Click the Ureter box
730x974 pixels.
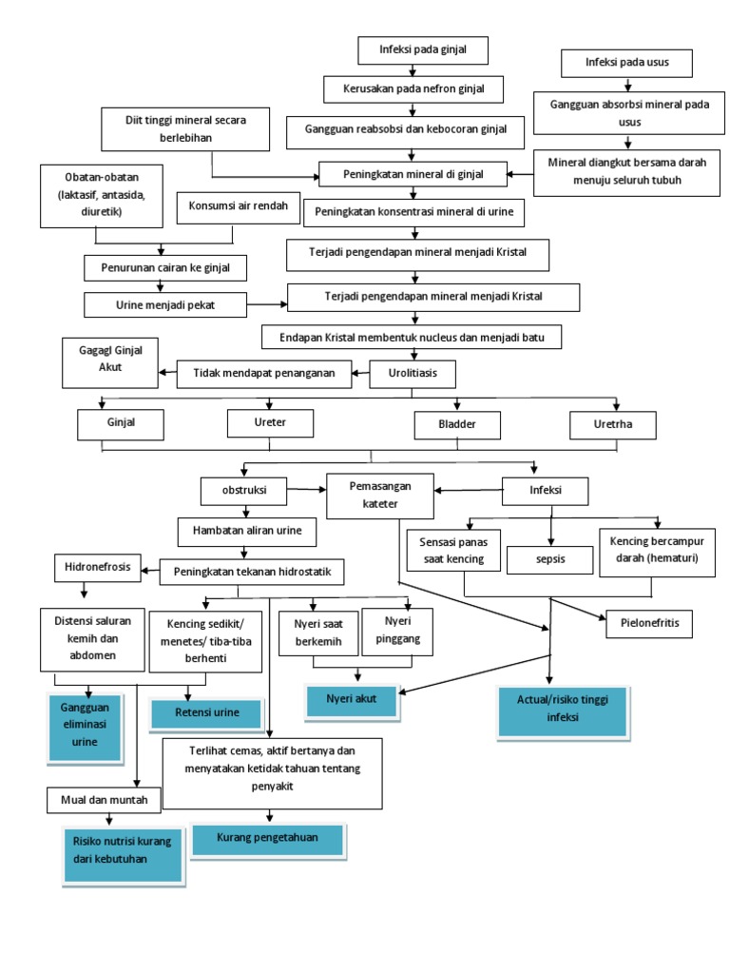point(270,421)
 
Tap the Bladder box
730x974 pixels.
point(458,423)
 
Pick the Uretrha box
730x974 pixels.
point(613,423)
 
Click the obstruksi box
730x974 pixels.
point(242,491)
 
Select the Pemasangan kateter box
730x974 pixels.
point(379,496)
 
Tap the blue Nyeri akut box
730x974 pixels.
point(352,700)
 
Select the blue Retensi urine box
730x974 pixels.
point(206,712)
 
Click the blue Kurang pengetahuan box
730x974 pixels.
point(266,838)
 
